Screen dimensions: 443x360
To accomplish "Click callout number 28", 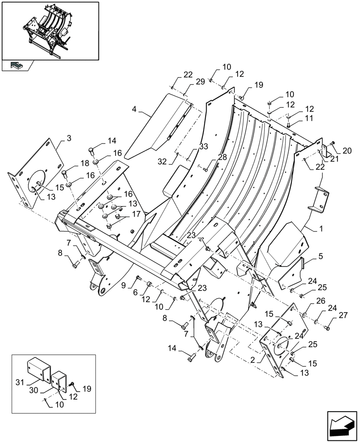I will point(222,157).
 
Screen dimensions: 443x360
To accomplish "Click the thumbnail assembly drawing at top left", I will point(50,31).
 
